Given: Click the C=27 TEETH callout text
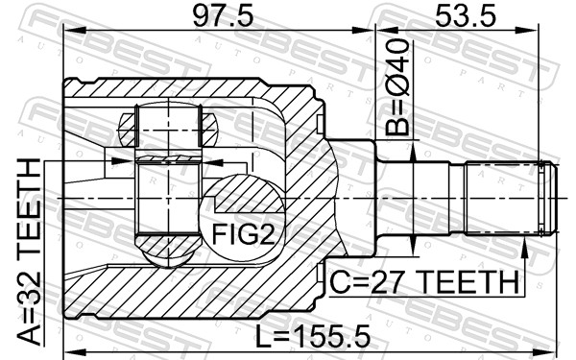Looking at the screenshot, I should [423, 281].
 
